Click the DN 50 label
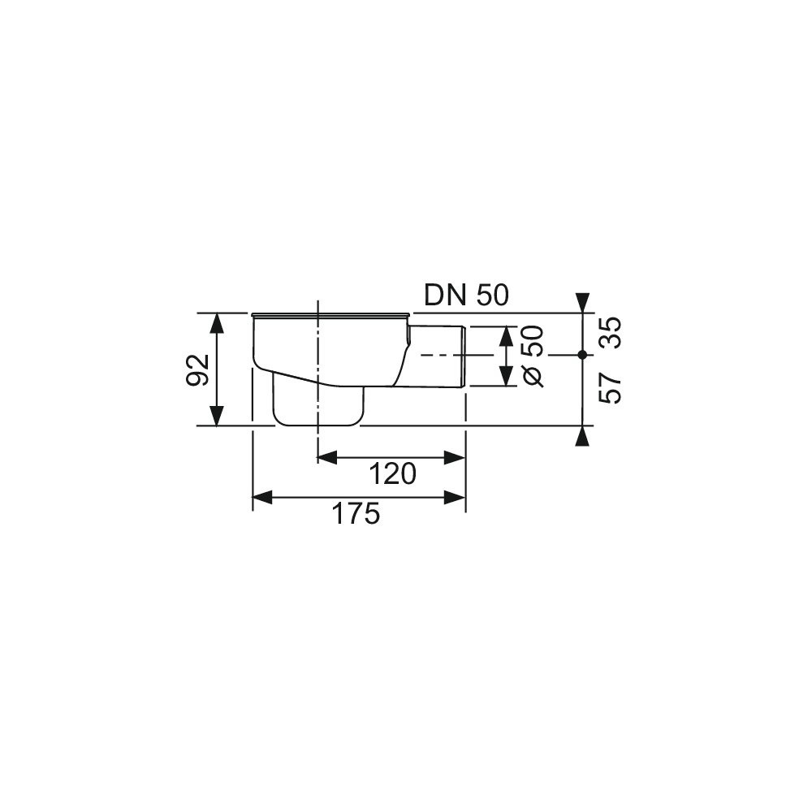[467, 296]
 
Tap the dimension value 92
[197, 369]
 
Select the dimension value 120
[392, 474]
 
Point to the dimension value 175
[356, 514]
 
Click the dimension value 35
[610, 333]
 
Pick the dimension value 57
[610, 388]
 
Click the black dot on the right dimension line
[582, 355]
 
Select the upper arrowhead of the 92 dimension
[218, 324]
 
